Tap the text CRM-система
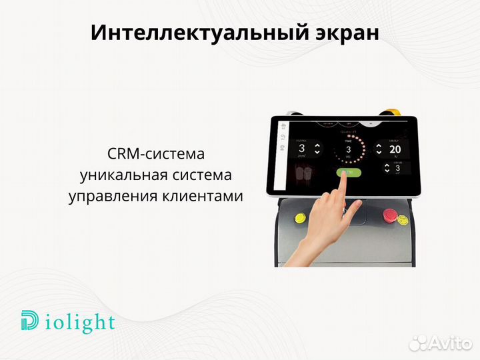click(155, 154)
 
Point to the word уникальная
click(120, 175)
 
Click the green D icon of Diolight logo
click(30, 321)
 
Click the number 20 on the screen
click(395, 149)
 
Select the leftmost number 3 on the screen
click(301, 149)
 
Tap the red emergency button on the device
click(389, 215)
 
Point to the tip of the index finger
click(343, 173)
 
